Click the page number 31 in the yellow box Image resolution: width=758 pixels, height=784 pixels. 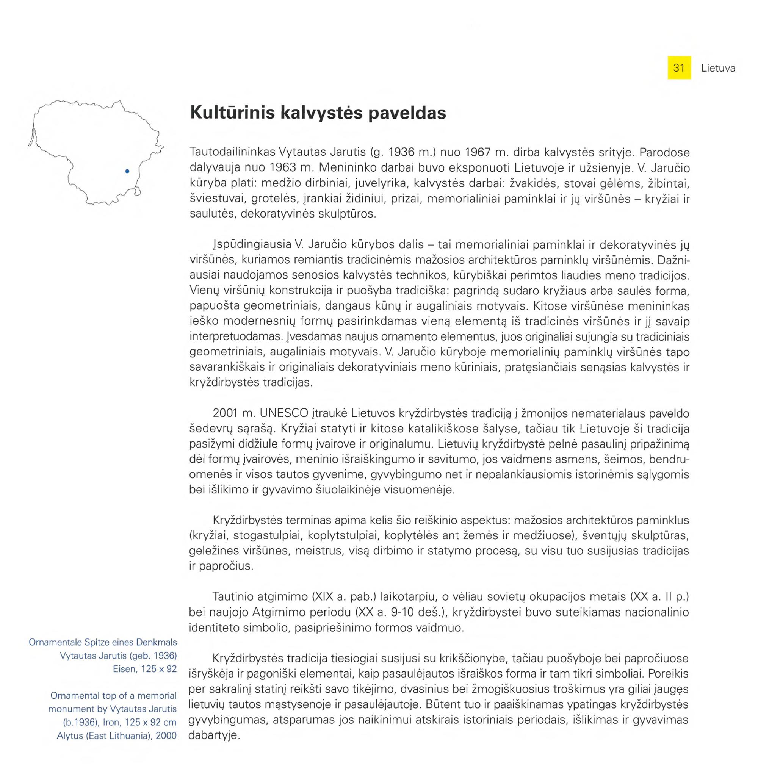[x=679, y=68]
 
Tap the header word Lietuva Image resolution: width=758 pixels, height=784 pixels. [x=717, y=69]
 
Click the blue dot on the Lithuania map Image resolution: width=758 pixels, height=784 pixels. [x=127, y=171]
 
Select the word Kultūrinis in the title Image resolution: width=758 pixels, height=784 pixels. [x=232, y=113]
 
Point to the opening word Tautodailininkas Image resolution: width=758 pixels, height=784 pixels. [x=232, y=152]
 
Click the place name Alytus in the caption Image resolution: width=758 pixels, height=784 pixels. [x=69, y=735]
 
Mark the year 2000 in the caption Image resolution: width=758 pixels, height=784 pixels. [x=166, y=735]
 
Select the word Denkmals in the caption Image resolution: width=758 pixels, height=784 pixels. [x=157, y=643]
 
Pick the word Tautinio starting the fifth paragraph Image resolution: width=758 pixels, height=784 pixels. [x=231, y=597]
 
